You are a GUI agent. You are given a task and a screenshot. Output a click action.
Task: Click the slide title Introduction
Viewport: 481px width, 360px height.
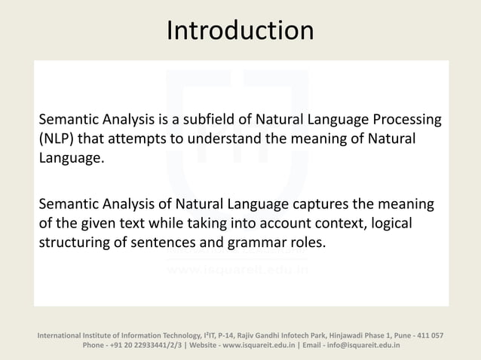pyautogui.click(x=240, y=31)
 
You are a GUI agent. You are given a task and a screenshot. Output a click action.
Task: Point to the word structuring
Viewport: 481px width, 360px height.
pyautogui.click(x=75, y=244)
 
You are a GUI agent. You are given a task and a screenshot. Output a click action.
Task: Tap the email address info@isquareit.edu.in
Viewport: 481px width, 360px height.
pyautogui.click(x=364, y=345)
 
